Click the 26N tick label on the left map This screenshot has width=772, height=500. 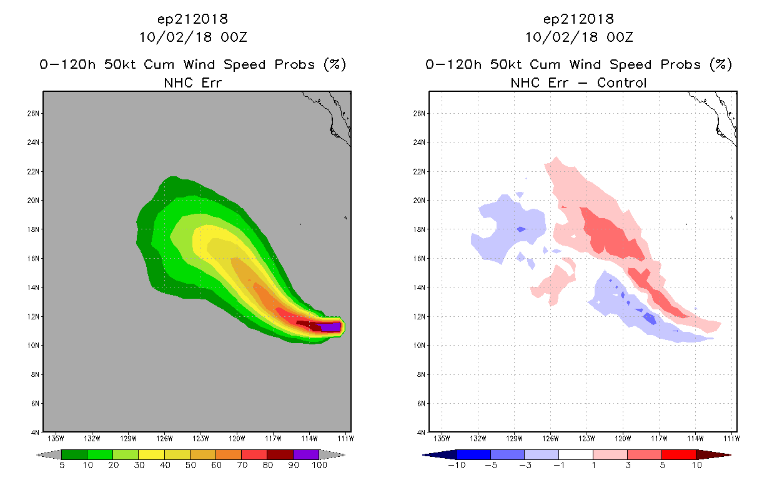pyautogui.click(x=33, y=114)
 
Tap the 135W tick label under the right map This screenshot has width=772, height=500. pyautogui.click(x=442, y=439)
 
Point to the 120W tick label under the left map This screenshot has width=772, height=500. pyautogui.click(x=237, y=439)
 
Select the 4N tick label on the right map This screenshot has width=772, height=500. pyautogui.click(x=421, y=432)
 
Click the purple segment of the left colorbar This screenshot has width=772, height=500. pyautogui.click(x=306, y=454)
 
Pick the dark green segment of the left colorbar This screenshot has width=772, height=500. pyautogui.click(x=74, y=454)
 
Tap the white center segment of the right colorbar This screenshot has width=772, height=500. pyautogui.click(x=575, y=454)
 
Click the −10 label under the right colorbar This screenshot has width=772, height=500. pyautogui.click(x=457, y=465)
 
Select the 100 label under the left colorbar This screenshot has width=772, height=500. pyautogui.click(x=320, y=465)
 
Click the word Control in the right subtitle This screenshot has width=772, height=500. pyautogui.click(x=621, y=82)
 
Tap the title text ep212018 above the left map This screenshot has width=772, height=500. pyautogui.click(x=192, y=19)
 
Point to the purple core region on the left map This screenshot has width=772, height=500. pyautogui.click(x=330, y=327)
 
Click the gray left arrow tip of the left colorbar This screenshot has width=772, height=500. pyautogui.click(x=37, y=455)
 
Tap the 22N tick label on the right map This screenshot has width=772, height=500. pyautogui.click(x=419, y=171)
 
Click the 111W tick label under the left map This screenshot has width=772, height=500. pyautogui.click(x=345, y=439)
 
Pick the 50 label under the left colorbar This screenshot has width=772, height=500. pyautogui.click(x=191, y=465)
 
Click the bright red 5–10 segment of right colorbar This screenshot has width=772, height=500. pyautogui.click(x=679, y=454)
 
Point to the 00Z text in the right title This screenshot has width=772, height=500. pyautogui.click(x=620, y=37)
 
